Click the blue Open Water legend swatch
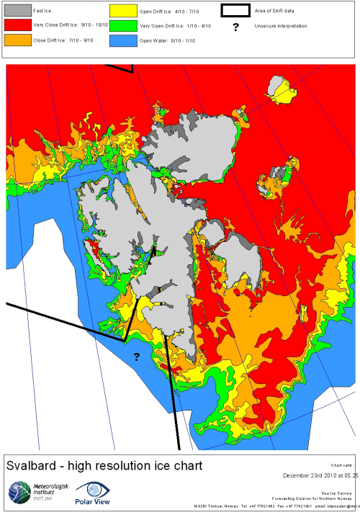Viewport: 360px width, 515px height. (x=122, y=41)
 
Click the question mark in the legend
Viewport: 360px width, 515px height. (x=235, y=27)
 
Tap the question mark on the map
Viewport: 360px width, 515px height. (x=135, y=357)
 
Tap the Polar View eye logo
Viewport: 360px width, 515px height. (x=92, y=490)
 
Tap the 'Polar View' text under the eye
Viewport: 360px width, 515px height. (x=92, y=505)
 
